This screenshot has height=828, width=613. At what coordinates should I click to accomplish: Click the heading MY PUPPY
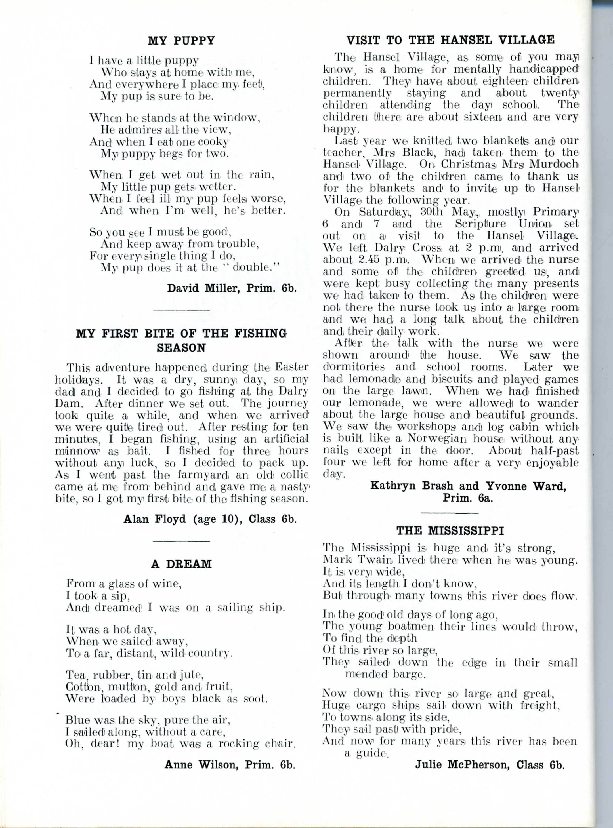click(181, 40)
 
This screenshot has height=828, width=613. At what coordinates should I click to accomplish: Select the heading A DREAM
click(181, 564)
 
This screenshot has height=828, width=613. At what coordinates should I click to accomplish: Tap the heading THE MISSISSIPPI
click(450, 531)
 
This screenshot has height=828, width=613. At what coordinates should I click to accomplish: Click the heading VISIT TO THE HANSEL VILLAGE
click(450, 39)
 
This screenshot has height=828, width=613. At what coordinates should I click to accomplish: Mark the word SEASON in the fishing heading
click(181, 348)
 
